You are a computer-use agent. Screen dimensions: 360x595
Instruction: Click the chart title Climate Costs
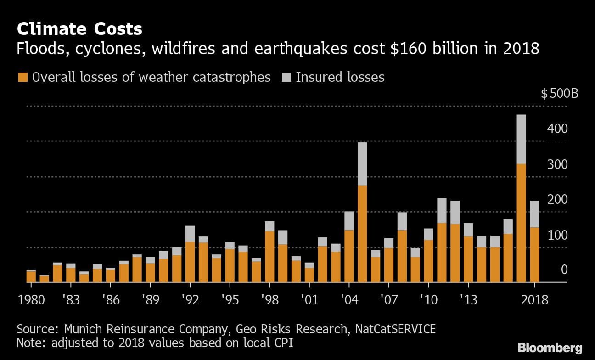[x=79, y=29]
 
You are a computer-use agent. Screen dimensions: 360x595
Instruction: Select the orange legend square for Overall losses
[x=22, y=77]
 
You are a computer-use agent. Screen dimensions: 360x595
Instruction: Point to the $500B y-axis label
[x=559, y=95]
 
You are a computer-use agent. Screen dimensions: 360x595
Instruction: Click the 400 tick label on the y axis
[x=557, y=129]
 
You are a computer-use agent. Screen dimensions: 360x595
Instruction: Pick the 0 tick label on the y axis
[x=564, y=270]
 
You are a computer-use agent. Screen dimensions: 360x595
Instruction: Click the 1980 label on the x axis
[x=32, y=300]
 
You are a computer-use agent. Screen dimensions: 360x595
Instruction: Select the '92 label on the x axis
[x=190, y=300]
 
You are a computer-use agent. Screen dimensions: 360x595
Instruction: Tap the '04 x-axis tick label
[x=349, y=300]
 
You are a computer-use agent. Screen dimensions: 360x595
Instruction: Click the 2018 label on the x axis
[x=535, y=300]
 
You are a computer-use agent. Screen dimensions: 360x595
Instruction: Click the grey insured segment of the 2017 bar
[x=521, y=139]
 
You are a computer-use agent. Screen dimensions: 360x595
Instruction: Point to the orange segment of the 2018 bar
[x=534, y=255]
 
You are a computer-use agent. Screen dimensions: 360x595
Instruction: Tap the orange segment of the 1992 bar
[x=190, y=262]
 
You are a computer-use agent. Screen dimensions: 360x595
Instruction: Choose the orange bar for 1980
[x=31, y=277]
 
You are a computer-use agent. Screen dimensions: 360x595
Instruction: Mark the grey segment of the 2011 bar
[x=442, y=210]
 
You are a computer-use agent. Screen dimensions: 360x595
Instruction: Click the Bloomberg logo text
[x=550, y=347]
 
